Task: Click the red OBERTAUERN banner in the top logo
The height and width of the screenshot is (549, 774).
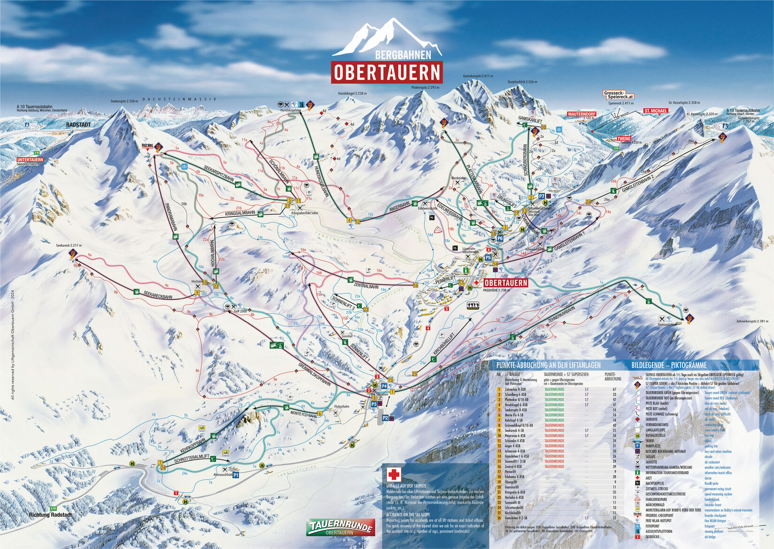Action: (387, 72)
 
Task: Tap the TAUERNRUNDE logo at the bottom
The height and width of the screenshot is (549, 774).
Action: (341, 527)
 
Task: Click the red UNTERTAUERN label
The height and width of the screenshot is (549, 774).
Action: (30, 160)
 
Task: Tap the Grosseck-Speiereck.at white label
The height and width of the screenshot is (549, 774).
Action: (619, 95)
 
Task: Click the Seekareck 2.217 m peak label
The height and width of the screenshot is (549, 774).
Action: (69, 245)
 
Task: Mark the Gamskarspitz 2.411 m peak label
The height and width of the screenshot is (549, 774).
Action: (478, 76)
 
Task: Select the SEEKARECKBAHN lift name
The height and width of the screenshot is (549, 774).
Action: (158, 294)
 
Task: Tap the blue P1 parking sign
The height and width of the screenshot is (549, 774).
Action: (236, 475)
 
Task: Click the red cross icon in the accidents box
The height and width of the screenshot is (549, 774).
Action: (393, 475)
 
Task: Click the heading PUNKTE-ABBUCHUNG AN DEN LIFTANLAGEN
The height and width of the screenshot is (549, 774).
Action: (548, 365)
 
